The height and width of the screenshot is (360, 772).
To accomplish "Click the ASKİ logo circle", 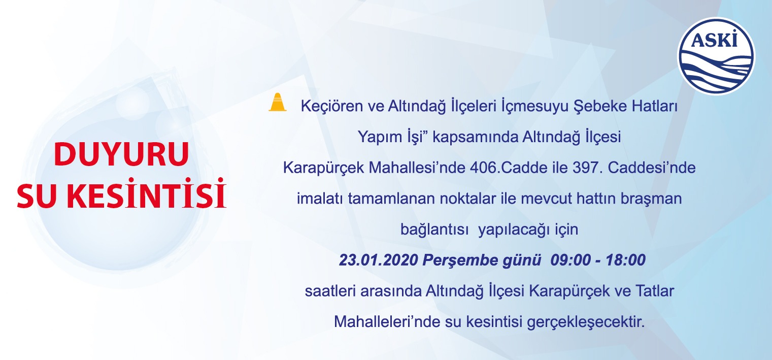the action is (716, 56).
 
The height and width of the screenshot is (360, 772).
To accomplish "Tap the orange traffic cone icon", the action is (278, 102).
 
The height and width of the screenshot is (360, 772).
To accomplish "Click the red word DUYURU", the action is (121, 154).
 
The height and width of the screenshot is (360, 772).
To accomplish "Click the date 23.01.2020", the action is (379, 260).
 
